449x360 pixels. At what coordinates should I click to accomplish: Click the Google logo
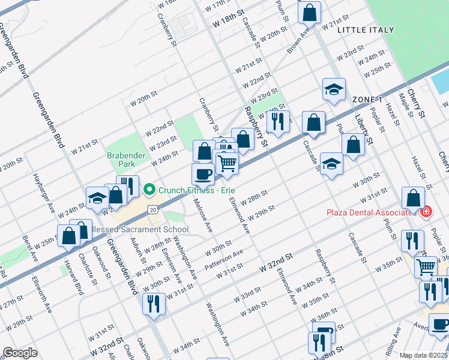tap(20, 353)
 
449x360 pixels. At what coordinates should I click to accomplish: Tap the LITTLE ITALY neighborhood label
tap(366, 29)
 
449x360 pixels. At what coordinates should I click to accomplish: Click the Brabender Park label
tap(127, 159)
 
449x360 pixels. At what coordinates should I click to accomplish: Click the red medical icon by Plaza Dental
tap(426, 212)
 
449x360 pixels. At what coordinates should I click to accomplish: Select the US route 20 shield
tap(154, 209)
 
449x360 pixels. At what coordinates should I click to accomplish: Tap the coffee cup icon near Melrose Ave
tap(202, 173)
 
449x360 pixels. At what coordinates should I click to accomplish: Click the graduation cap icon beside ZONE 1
tap(333, 89)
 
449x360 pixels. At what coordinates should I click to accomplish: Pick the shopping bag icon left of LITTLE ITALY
tap(310, 11)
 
